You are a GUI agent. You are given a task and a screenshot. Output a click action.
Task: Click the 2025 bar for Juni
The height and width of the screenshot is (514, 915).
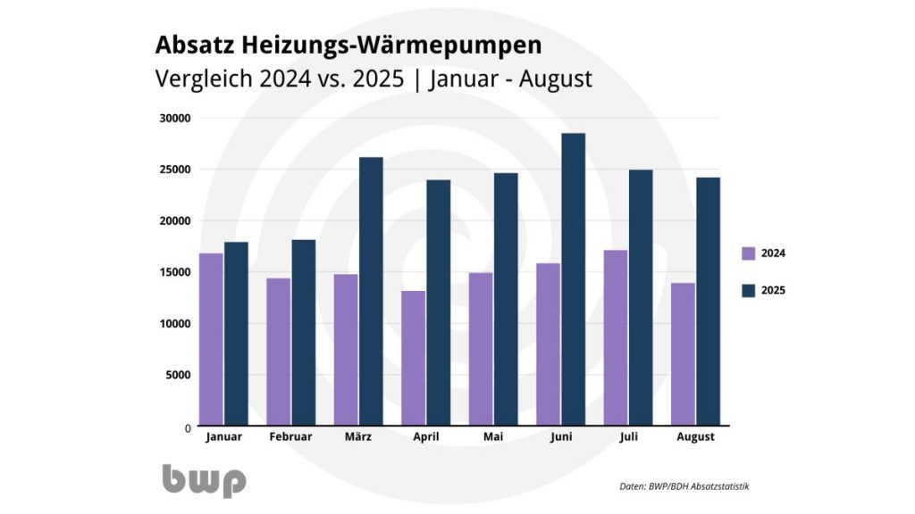573,279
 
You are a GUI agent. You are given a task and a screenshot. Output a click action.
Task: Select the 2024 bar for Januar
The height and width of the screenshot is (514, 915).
211,339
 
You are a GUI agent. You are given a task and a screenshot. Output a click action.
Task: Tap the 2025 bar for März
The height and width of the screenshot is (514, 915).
371,291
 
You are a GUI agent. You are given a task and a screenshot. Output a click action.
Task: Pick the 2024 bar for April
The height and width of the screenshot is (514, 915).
413,358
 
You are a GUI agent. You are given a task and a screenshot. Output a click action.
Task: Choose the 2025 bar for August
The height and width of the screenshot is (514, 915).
708,301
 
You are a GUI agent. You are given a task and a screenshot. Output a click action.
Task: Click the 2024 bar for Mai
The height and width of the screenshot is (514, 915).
480,349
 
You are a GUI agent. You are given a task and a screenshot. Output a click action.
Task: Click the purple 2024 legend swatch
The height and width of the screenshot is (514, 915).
749,253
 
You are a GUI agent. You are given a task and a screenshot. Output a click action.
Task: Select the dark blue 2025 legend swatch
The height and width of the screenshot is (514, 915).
749,290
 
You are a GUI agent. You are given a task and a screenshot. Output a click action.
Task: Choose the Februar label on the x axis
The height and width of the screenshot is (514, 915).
290,437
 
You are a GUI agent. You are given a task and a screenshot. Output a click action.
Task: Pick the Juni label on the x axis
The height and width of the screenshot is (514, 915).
560,437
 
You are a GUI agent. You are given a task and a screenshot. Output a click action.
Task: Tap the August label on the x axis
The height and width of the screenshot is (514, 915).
695,437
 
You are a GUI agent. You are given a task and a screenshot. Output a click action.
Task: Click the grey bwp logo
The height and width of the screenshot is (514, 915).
204,480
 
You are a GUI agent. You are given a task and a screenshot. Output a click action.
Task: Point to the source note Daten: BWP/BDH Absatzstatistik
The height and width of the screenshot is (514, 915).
684,486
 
